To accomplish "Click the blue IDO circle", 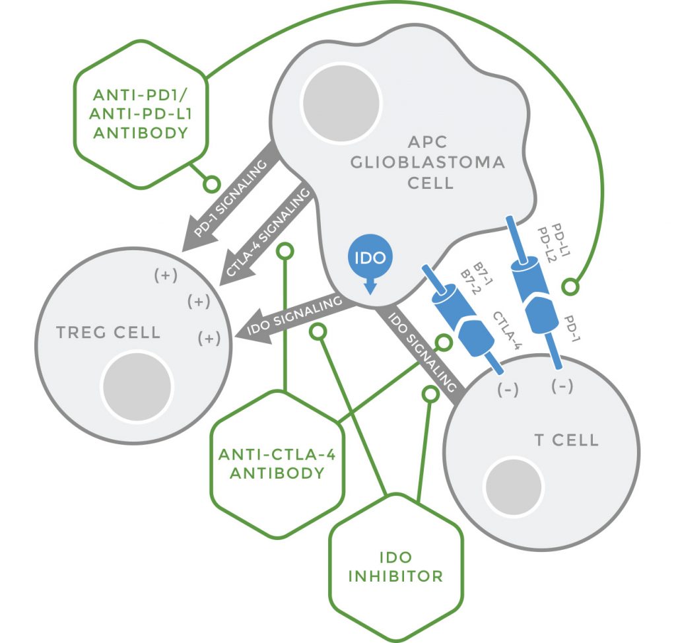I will coord(370,258).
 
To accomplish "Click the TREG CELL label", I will coord(108,331).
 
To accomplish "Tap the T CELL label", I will coord(566,440).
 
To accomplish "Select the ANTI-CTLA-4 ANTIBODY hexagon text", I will coord(271,463).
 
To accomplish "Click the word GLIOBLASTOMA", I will coord(436,162).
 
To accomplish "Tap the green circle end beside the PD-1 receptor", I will coord(570,287).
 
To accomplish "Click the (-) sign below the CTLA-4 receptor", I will coord(508,390).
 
